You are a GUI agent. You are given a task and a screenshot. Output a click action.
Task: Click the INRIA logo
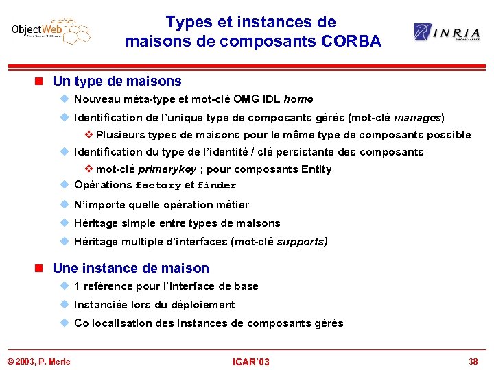pos(446,32)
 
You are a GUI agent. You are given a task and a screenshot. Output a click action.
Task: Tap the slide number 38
pos(473,361)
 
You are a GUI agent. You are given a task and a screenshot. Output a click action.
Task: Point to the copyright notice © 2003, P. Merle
pos(39,361)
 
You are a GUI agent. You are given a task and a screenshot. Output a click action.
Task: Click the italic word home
pos(298,99)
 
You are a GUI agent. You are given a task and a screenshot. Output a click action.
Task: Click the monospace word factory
pos(158,186)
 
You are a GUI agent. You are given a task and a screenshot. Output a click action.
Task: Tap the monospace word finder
pos(216,186)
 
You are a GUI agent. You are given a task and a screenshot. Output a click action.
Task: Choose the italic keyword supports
pos(302,242)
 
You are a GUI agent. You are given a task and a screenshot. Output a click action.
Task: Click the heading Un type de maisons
pos(117,81)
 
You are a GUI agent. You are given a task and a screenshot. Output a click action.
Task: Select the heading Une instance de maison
pos(130,268)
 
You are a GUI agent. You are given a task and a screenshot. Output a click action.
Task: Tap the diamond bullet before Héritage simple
pos(65,223)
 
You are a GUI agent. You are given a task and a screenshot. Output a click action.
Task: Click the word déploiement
pos(199,305)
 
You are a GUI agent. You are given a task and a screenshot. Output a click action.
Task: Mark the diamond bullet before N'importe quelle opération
pos(65,205)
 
